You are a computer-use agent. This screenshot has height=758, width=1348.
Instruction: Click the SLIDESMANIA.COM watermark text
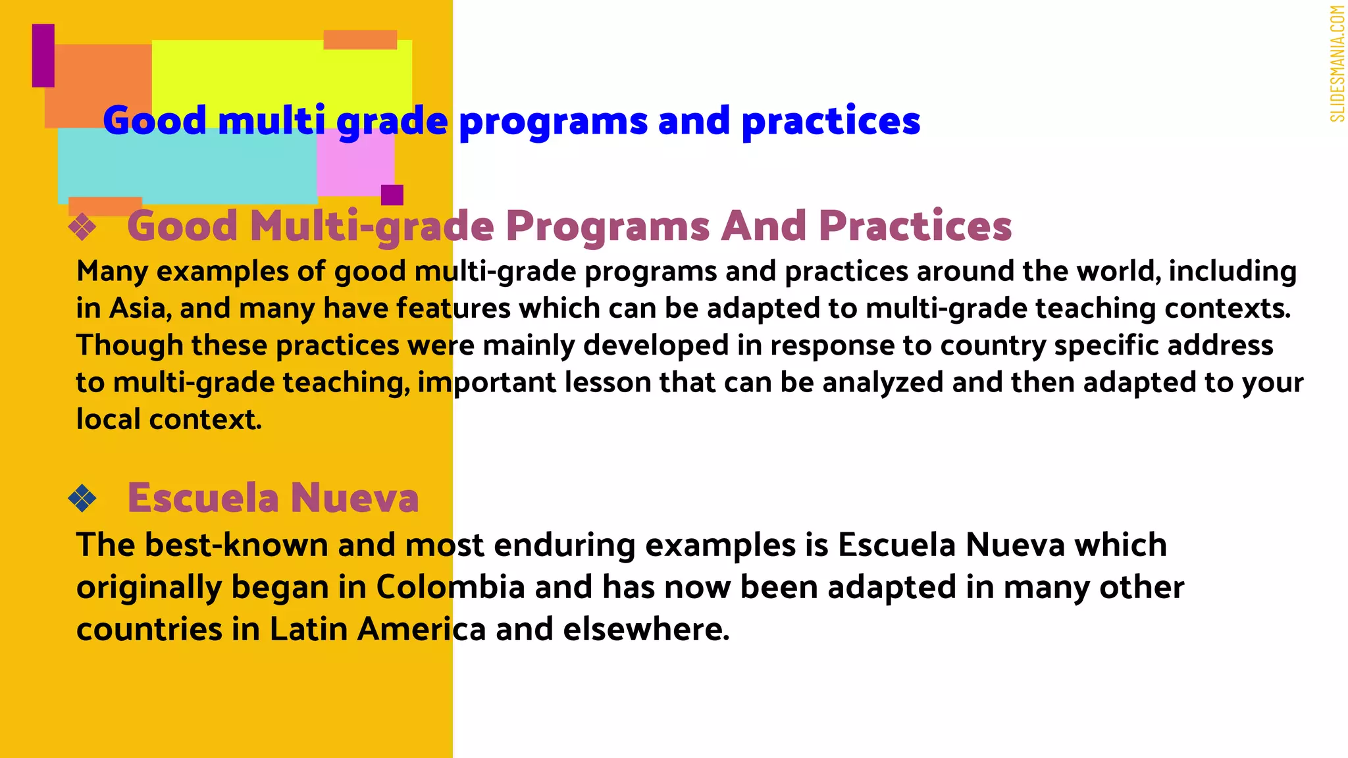(1336, 64)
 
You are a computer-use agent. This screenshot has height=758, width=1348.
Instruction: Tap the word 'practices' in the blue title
(831, 122)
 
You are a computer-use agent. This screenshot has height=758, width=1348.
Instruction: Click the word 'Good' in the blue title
(155, 122)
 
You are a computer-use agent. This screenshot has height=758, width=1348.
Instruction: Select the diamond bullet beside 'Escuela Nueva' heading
(82, 499)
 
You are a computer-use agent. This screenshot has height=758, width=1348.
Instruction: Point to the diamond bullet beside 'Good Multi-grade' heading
(82, 228)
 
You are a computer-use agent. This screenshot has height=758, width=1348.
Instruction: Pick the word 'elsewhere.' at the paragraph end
(646, 630)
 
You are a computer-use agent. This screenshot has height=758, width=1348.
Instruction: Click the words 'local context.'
(169, 420)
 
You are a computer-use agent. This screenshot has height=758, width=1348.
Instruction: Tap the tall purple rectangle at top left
(43, 56)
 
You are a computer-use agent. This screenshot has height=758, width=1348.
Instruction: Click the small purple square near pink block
(392, 195)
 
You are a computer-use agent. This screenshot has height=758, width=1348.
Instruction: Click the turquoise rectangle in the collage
(188, 171)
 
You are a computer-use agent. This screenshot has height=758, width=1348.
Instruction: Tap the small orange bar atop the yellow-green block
(360, 39)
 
